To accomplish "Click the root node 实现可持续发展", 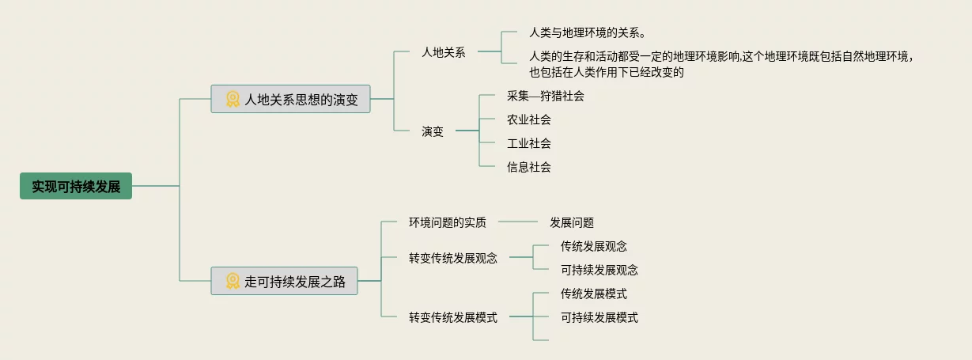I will [x=76, y=186].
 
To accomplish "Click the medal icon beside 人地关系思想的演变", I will [x=233, y=99].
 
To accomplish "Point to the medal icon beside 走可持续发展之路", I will [x=233, y=281].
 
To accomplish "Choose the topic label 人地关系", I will [x=444, y=52].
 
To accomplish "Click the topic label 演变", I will [x=433, y=131].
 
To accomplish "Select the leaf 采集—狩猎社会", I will [x=545, y=96].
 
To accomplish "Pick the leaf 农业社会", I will [x=529, y=119].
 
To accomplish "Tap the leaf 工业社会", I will [x=529, y=143].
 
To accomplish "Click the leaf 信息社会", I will [x=529, y=167].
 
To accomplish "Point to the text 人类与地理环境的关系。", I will [x=588, y=34].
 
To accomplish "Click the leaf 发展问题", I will [x=572, y=222].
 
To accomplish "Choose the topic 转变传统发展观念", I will [x=453, y=258].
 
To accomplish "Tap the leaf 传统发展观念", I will [x=594, y=246].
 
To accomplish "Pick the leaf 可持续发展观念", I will [x=599, y=270].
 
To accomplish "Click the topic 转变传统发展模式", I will [x=453, y=317].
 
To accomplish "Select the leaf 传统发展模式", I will [x=594, y=294].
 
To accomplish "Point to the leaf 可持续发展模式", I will [x=599, y=317].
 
